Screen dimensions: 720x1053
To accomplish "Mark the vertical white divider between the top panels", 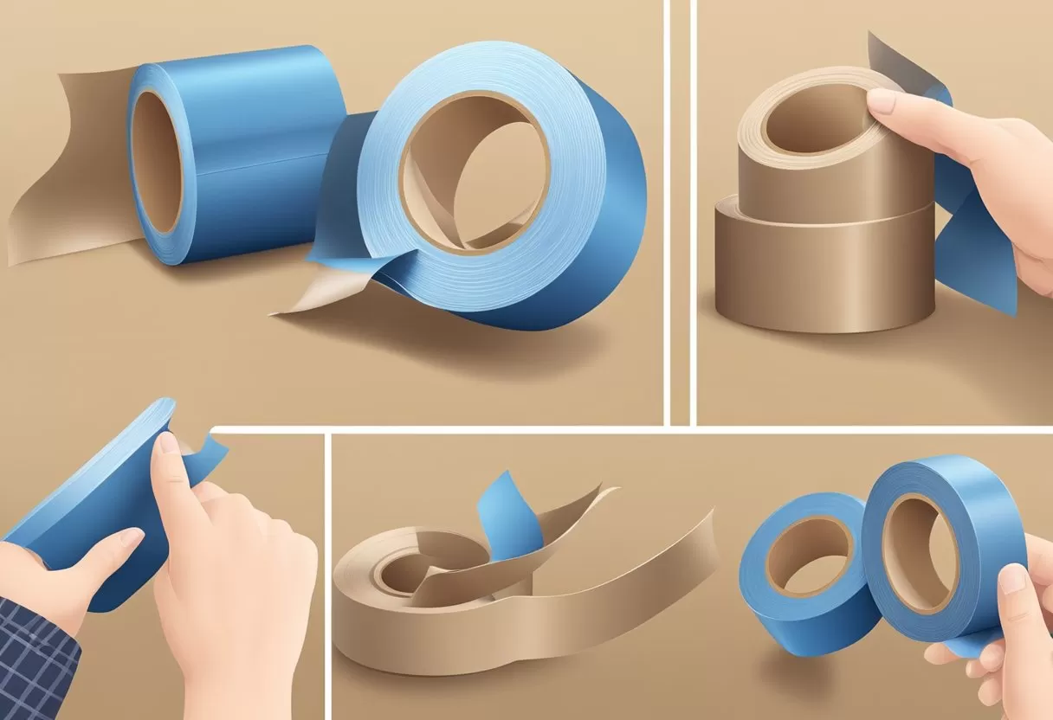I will [x=681, y=208].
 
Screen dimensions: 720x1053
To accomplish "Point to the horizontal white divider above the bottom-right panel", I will [x=693, y=429].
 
